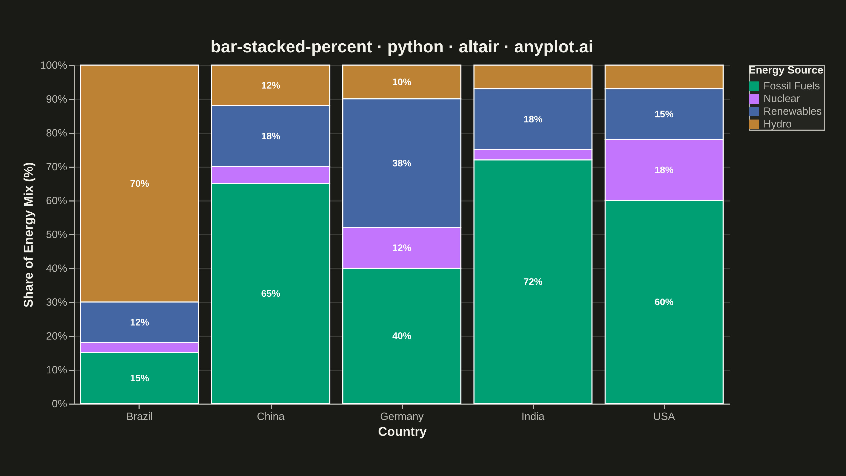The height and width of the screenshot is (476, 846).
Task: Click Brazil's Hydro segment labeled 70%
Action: [140, 183]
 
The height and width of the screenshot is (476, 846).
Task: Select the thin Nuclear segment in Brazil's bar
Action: [140, 347]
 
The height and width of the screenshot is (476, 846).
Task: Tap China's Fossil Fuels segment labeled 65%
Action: [271, 293]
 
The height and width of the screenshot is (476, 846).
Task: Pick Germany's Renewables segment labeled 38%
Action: [402, 163]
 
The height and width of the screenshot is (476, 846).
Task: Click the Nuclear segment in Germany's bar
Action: [402, 248]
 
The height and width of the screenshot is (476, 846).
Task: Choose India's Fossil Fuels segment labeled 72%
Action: [533, 282]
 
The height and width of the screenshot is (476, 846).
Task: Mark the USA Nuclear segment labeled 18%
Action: [664, 170]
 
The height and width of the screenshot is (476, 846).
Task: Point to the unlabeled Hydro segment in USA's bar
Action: [664, 77]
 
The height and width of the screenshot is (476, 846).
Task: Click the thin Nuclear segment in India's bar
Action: [533, 155]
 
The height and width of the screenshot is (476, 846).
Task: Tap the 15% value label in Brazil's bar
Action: [140, 378]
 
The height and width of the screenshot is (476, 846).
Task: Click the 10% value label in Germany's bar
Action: [402, 82]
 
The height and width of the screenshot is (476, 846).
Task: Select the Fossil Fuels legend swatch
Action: [754, 86]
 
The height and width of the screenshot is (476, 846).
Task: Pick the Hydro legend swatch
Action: [754, 124]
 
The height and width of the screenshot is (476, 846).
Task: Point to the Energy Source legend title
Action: [786, 70]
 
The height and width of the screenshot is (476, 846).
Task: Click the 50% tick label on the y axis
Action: [57, 235]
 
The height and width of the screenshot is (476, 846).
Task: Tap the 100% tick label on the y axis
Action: [53, 65]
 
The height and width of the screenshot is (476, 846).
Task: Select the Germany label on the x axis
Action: [402, 416]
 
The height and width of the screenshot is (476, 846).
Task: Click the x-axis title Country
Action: [402, 431]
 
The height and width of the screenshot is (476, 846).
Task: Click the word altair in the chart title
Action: [479, 47]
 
